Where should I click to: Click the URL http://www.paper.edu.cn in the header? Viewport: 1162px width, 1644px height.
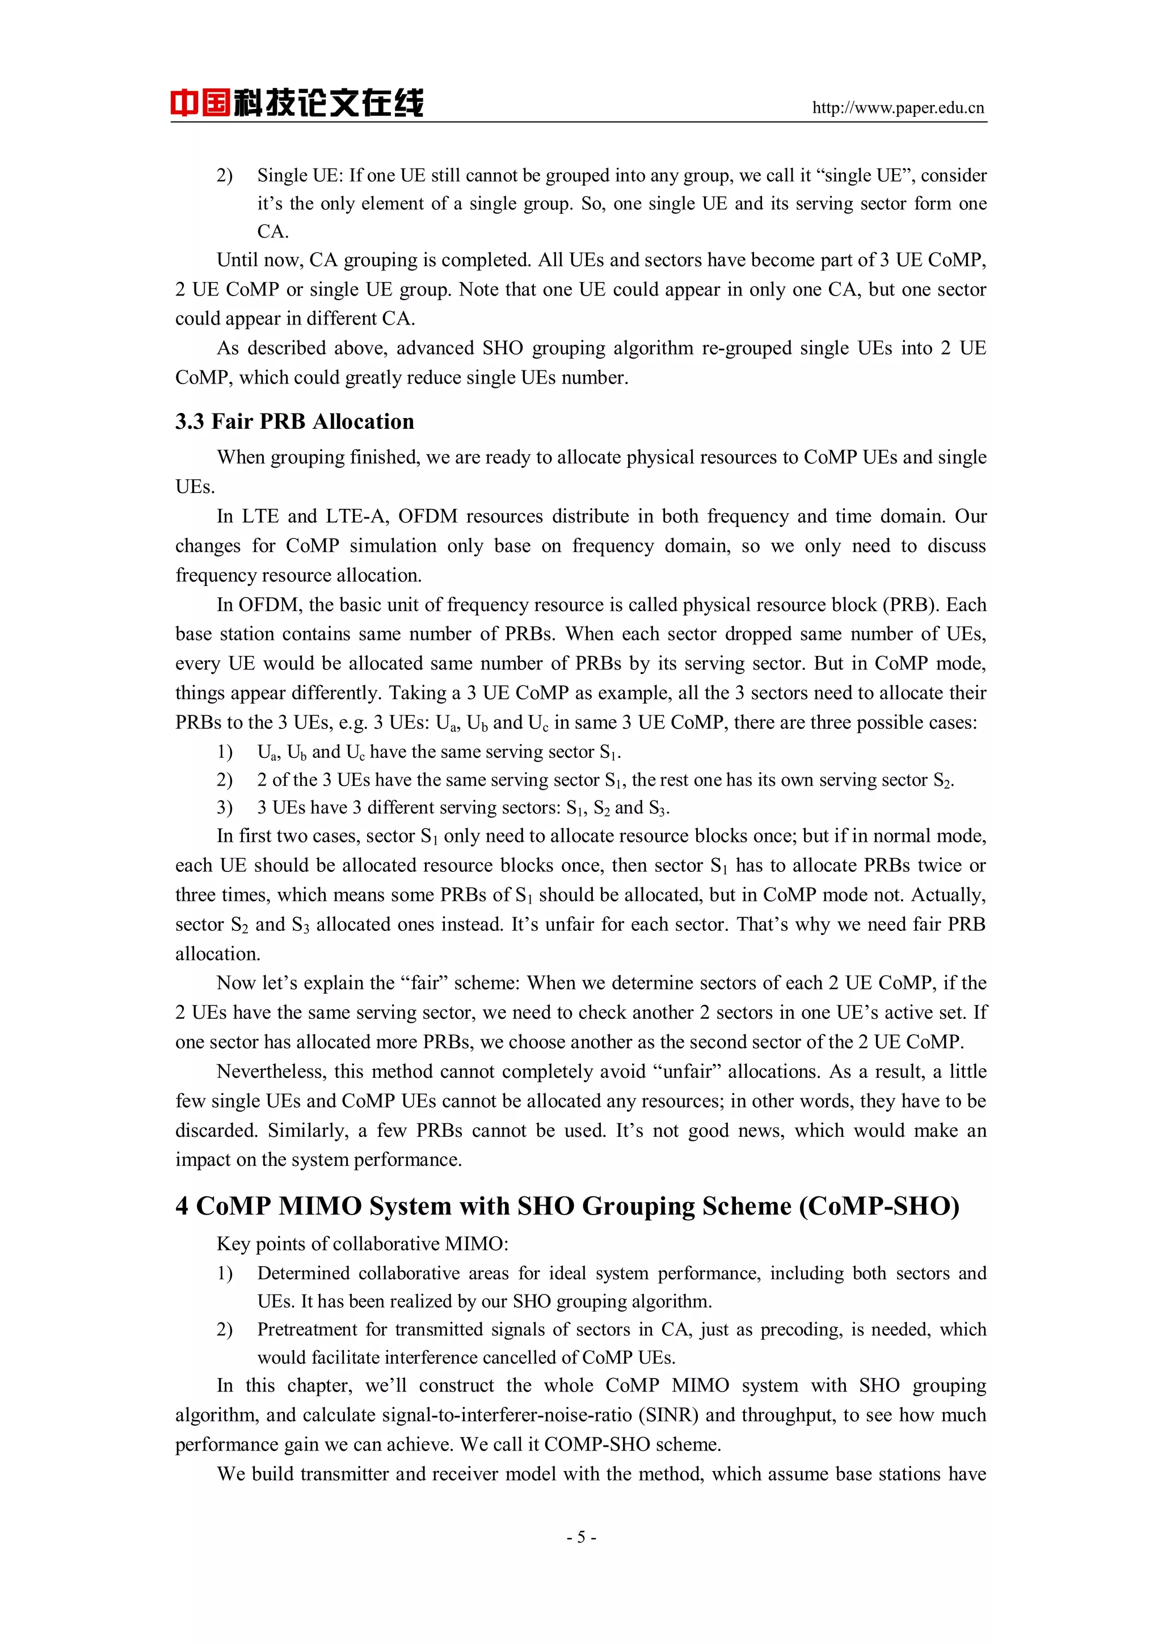pos(897,108)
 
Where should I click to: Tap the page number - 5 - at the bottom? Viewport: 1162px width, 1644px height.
pos(580,1537)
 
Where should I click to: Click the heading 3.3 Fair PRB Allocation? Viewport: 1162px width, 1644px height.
pos(294,421)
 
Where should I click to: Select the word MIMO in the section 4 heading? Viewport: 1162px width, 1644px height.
pos(319,1207)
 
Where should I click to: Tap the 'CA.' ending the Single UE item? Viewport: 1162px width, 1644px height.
pos(272,232)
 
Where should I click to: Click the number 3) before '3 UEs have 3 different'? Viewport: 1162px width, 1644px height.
pos(225,808)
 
